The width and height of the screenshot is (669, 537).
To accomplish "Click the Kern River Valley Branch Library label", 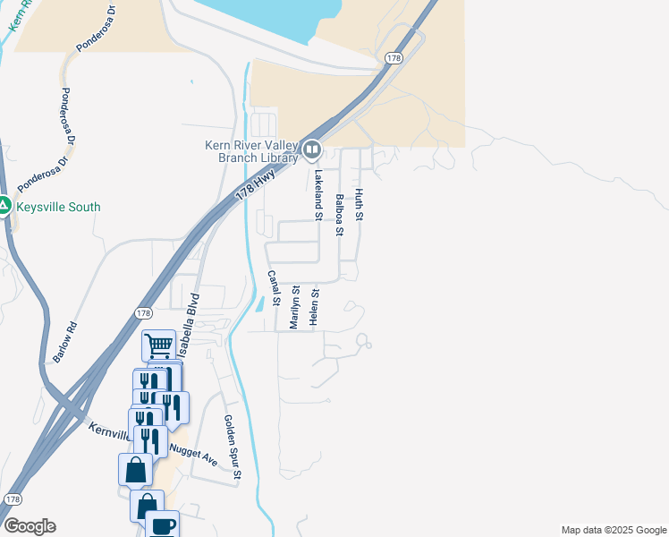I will (x=250, y=151).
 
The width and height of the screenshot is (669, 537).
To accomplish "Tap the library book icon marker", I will (x=311, y=149).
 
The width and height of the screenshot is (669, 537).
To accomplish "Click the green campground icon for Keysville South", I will (x=4, y=207).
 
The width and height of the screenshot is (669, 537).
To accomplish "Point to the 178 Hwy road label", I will (x=254, y=183).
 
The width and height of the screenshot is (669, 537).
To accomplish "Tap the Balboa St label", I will (x=339, y=215).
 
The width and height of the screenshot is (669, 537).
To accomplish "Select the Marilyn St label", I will (x=294, y=307).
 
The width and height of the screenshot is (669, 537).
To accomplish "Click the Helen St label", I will (x=314, y=307).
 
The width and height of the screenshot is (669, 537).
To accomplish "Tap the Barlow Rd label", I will (x=65, y=341).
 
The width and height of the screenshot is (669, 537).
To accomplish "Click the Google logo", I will (x=30, y=526).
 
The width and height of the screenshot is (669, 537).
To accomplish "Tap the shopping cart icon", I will (x=158, y=345).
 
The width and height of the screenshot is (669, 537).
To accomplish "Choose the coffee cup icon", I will (x=162, y=525).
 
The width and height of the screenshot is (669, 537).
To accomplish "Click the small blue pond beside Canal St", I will (x=259, y=304).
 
